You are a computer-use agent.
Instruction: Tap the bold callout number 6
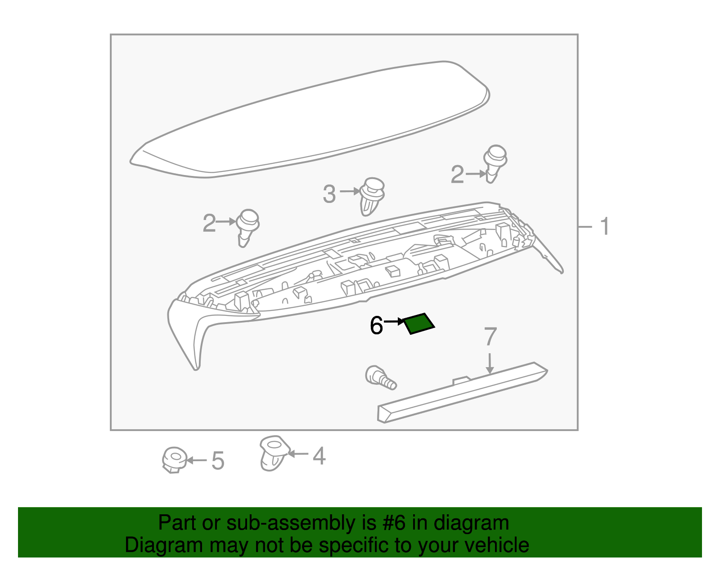pyautogui.click(x=376, y=325)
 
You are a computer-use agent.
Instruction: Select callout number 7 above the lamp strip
pyautogui.click(x=490, y=337)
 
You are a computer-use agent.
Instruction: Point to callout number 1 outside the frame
pyautogui.click(x=605, y=226)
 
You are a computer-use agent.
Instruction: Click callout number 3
pyautogui.click(x=329, y=194)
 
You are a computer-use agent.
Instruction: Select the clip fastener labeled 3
pyautogui.click(x=372, y=197)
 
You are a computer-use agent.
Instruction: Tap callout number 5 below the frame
pyautogui.click(x=218, y=461)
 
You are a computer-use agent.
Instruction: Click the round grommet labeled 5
pyautogui.click(x=174, y=459)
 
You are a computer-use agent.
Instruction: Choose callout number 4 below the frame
pyautogui.click(x=319, y=456)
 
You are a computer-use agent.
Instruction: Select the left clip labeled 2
pyautogui.click(x=247, y=226)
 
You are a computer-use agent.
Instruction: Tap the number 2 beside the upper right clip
pyautogui.click(x=457, y=175)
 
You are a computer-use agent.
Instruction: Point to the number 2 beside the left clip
pyautogui.click(x=209, y=223)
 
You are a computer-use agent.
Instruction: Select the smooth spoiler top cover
pyautogui.click(x=310, y=119)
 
